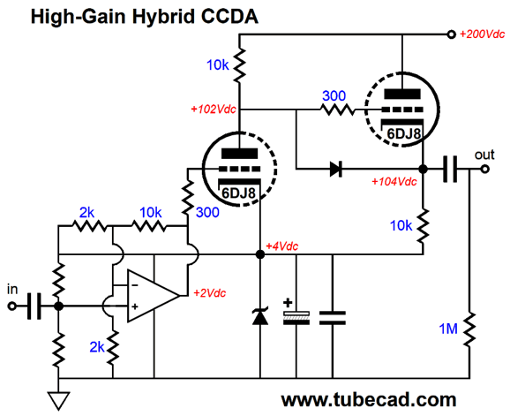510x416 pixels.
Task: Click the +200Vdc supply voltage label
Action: [482, 34]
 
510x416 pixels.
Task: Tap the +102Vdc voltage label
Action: [213, 110]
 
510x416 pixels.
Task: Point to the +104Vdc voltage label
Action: [394, 182]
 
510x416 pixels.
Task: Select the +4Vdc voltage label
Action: [281, 246]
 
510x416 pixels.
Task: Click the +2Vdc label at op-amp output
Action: [209, 293]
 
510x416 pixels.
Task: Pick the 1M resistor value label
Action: [448, 329]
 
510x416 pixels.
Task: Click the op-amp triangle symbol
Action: [154, 296]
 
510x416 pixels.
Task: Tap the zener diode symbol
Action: [260, 315]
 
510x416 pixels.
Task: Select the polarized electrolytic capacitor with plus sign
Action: [296, 314]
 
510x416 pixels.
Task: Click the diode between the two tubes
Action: [335, 170]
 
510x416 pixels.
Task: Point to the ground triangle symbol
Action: [59, 400]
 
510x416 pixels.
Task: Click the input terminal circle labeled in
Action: [11, 306]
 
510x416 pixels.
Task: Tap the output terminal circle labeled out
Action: [485, 170]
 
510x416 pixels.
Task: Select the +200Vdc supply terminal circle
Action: [451, 34]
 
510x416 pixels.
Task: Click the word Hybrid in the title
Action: [164, 16]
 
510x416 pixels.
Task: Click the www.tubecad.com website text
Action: [369, 400]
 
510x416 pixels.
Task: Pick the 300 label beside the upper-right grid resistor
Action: [334, 96]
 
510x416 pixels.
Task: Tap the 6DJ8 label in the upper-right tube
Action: [403, 133]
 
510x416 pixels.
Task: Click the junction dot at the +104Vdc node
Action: [423, 170]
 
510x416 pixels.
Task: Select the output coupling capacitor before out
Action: [450, 170]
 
